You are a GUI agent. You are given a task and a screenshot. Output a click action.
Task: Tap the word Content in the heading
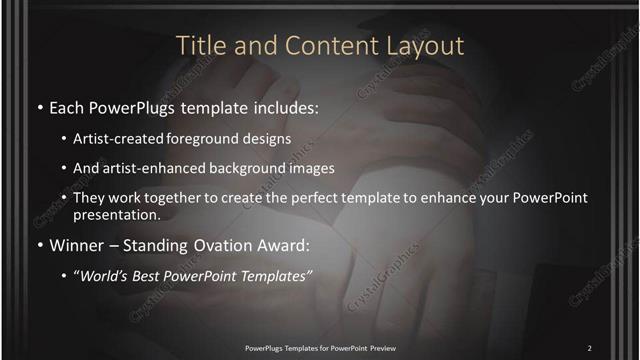pos(318,46)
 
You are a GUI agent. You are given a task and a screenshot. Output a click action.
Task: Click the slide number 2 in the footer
pos(590,347)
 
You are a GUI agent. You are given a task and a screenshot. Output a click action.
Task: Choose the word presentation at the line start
pos(116,215)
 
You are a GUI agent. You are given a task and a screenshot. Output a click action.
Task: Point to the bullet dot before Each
pos(39,106)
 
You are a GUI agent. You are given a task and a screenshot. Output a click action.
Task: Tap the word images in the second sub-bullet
pos(312,168)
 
